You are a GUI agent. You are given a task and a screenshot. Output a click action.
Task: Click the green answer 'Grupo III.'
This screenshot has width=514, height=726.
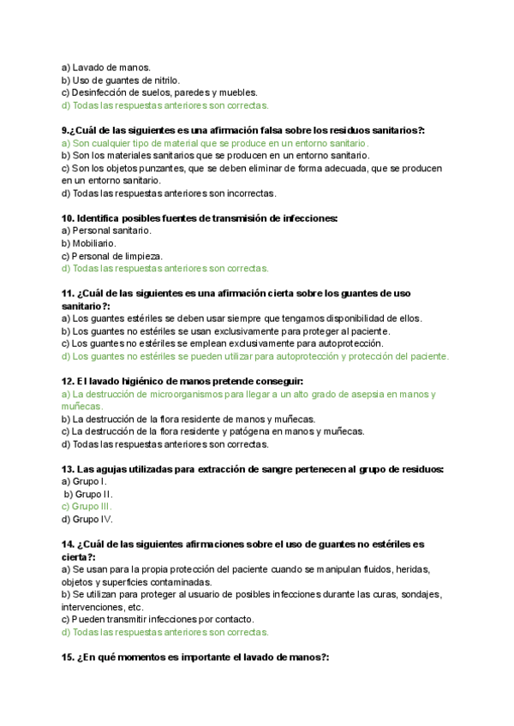click(x=92, y=506)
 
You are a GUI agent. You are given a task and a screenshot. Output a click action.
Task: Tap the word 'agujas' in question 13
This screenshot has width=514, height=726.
click(x=112, y=469)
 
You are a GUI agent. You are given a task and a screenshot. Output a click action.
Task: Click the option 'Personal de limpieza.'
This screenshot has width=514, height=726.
click(x=117, y=256)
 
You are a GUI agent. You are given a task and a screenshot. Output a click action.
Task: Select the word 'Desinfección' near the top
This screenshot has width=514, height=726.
click(x=100, y=92)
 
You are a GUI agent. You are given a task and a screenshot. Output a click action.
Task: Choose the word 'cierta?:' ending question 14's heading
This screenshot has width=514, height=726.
click(x=79, y=556)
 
